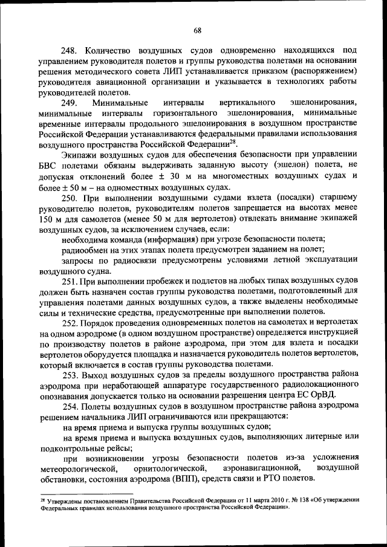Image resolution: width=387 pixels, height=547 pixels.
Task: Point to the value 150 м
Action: (50, 219)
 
